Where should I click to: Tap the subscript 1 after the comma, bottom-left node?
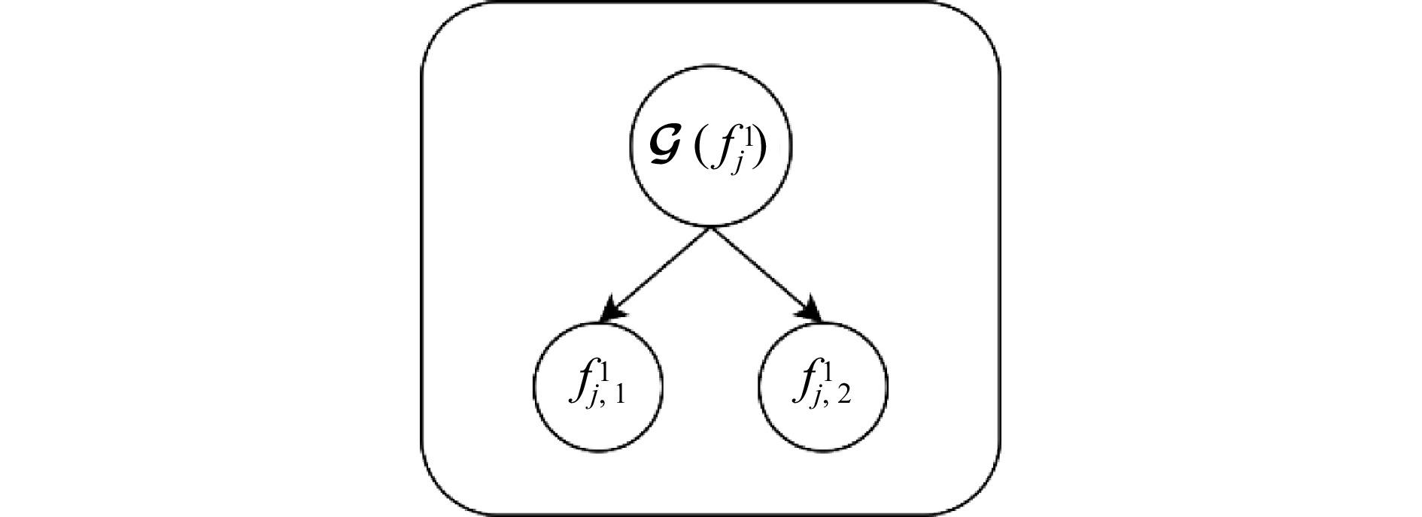point(618,396)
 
